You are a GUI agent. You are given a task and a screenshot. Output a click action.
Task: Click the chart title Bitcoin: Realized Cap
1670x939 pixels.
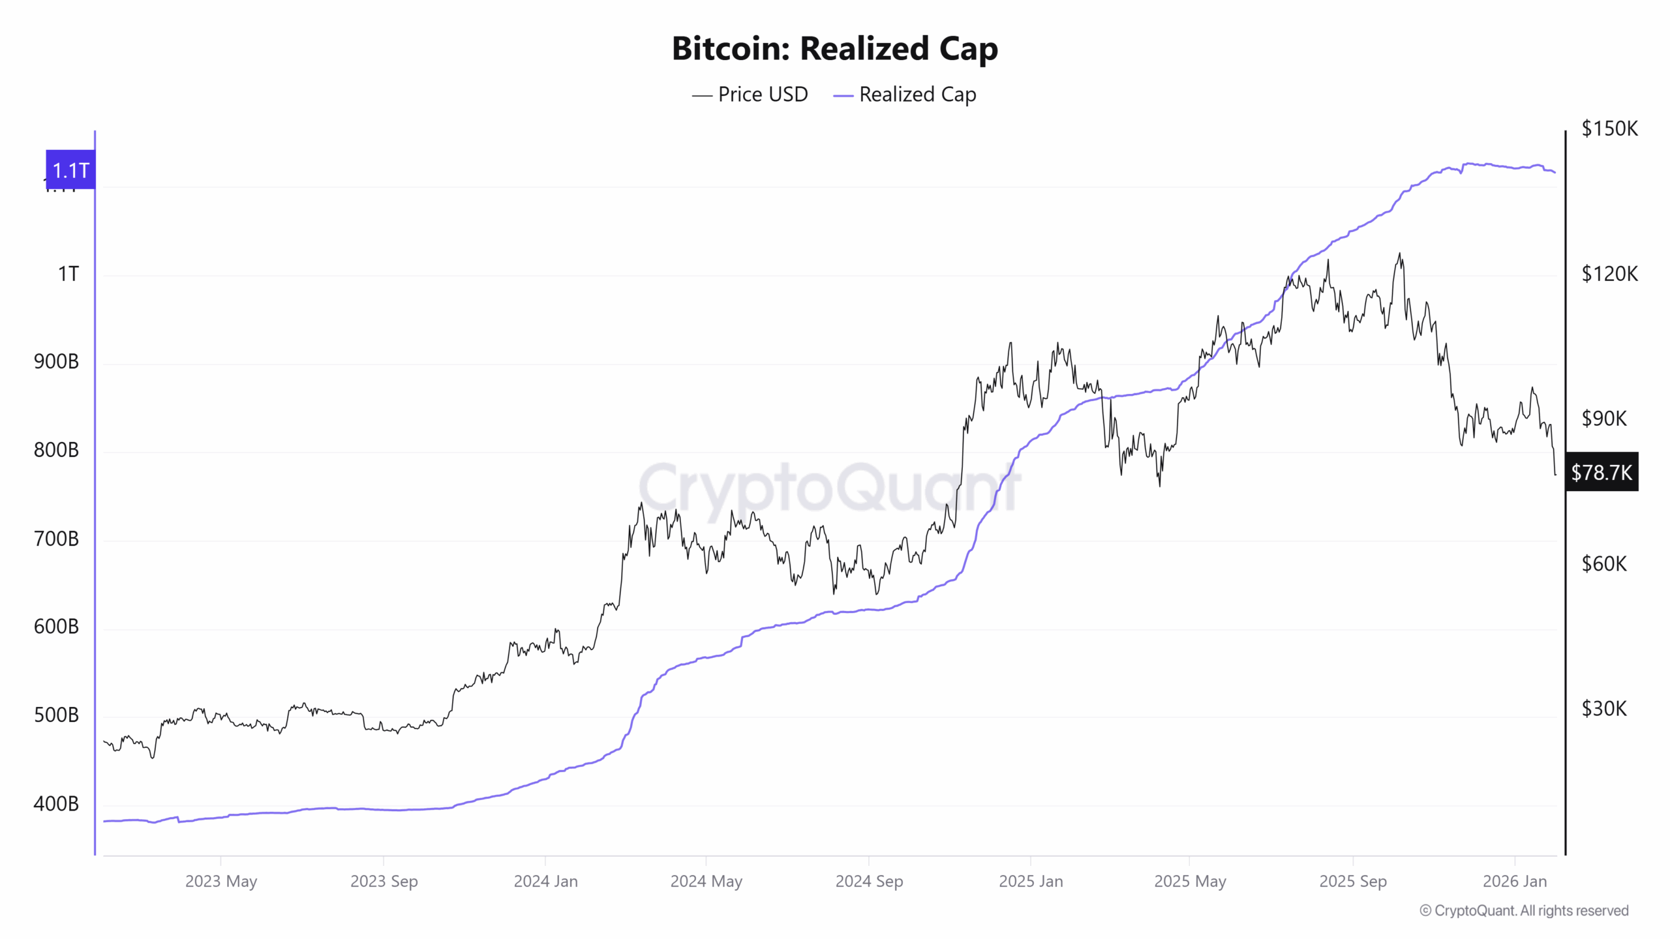click(834, 49)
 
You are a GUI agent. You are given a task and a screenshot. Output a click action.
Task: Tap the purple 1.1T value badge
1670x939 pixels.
click(70, 170)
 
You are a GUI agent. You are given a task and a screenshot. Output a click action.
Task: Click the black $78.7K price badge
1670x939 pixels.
click(1601, 472)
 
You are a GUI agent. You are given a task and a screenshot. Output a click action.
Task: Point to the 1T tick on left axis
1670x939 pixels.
click(68, 274)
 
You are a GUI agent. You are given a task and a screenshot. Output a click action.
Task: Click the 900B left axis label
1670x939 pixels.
click(56, 362)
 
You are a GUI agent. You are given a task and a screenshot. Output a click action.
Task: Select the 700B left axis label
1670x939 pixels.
click(56, 539)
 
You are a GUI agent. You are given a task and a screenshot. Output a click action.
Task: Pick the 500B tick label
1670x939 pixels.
click(56, 715)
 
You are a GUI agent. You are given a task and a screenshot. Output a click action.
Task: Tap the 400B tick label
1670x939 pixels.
click(56, 804)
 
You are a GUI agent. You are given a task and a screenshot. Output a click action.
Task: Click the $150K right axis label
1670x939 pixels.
click(1609, 128)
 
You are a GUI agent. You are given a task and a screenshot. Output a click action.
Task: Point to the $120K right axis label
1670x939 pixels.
click(1609, 274)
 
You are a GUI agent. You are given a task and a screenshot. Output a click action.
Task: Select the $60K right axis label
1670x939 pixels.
click(1604, 563)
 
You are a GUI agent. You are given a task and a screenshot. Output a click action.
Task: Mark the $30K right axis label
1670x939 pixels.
click(1604, 709)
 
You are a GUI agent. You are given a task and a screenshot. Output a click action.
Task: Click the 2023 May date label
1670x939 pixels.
click(221, 882)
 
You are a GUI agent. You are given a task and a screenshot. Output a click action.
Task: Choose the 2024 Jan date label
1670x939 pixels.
click(545, 882)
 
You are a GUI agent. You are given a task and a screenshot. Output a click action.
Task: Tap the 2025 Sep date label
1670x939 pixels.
click(1352, 882)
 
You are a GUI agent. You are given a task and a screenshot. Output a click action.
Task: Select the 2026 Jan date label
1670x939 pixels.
click(1514, 882)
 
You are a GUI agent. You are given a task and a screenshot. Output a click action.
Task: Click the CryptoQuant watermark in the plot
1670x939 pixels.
click(828, 488)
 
